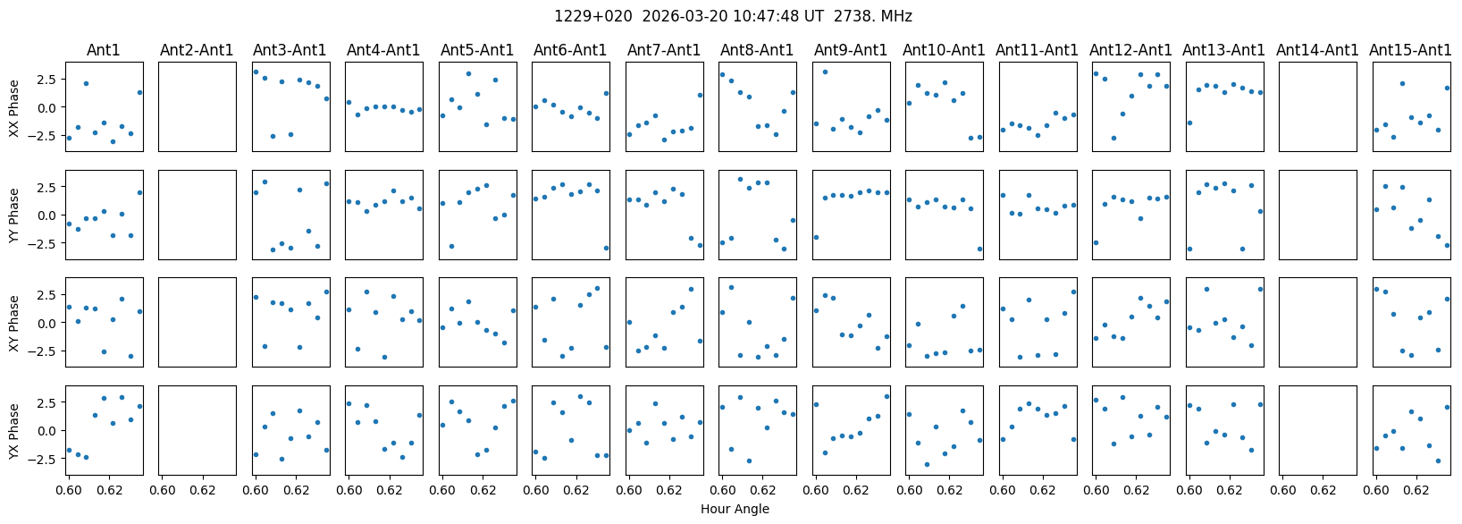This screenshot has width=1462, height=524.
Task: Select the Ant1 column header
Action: click(104, 50)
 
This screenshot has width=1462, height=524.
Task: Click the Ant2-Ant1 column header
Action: click(197, 50)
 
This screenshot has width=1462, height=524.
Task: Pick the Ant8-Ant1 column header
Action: click(757, 50)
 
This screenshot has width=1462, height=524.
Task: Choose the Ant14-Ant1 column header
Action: click(1317, 50)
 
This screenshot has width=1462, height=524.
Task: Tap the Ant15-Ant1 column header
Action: click(1410, 50)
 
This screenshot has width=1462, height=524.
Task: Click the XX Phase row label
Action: click(14, 107)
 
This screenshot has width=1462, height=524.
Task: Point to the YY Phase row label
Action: click(14, 215)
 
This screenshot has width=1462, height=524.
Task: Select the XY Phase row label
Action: click(14, 323)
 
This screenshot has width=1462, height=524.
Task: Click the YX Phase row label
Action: click(14, 430)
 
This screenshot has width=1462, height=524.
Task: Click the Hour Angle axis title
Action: click(735, 510)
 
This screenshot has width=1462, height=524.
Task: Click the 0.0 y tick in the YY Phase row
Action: click(48, 216)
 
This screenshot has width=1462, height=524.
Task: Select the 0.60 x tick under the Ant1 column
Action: click(69, 490)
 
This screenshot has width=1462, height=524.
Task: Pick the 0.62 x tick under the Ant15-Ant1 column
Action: click(1416, 490)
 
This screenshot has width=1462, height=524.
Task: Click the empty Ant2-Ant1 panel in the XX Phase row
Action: click(197, 107)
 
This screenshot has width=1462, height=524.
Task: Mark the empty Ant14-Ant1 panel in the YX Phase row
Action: click(1317, 430)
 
